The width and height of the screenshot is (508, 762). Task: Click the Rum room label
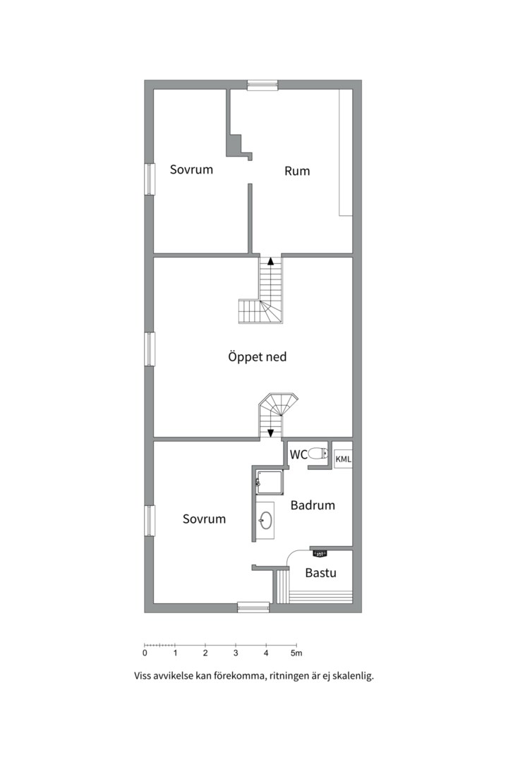point(297,171)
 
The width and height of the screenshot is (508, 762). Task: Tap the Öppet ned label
point(257,357)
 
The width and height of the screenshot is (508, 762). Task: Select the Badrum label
point(313,505)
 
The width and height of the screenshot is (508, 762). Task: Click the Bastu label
point(321,572)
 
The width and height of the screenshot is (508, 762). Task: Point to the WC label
point(298,454)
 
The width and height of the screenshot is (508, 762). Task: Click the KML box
point(343,459)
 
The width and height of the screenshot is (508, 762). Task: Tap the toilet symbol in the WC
point(318,454)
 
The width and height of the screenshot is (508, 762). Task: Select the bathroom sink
point(265,521)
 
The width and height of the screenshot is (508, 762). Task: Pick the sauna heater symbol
point(320,553)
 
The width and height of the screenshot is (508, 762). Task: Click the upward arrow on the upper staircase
point(271,260)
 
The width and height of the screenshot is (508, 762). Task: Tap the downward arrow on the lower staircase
point(271,433)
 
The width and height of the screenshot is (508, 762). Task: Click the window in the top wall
point(262,85)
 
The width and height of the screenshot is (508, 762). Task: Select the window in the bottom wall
point(253,607)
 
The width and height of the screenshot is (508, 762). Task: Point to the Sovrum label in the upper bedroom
point(191,169)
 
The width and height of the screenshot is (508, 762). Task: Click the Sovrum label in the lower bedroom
point(204,519)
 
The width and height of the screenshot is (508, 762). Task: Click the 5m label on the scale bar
point(296,653)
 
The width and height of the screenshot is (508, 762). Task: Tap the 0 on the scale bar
point(145,653)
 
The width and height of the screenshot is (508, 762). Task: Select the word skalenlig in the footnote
point(352,676)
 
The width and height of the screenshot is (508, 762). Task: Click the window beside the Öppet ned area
point(150,349)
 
